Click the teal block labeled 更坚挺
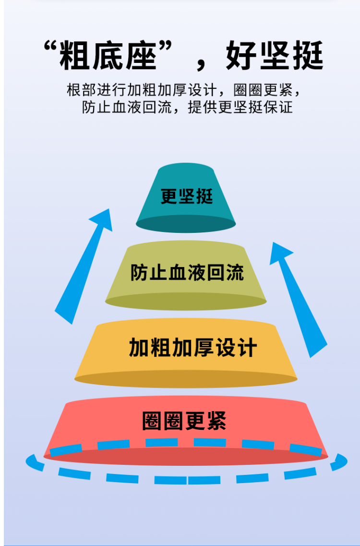point(186,197)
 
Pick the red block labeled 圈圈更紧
point(186,423)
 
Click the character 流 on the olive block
point(235,273)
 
